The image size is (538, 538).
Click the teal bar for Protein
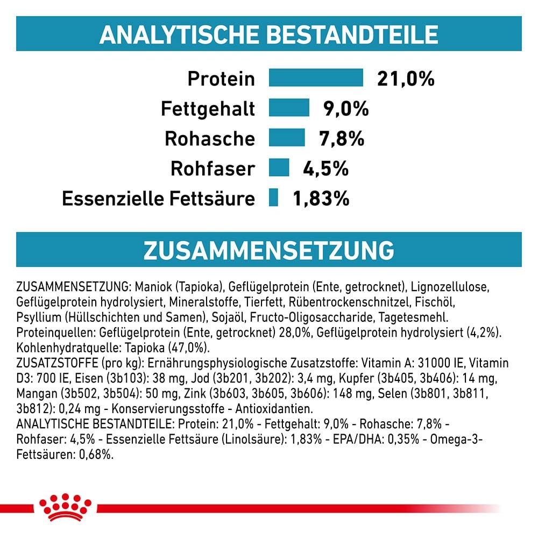pyautogui.click(x=316, y=78)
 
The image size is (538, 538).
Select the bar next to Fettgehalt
pyautogui.click(x=289, y=108)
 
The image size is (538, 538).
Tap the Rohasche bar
pyautogui.click(x=287, y=138)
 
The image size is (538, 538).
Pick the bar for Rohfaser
pyautogui.click(x=279, y=168)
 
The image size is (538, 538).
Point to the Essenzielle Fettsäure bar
pyautogui.click(x=273, y=198)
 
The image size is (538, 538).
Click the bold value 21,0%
pyautogui.click(x=406, y=79)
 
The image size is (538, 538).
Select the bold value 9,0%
pyautogui.click(x=346, y=109)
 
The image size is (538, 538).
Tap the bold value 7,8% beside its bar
pyautogui.click(x=341, y=139)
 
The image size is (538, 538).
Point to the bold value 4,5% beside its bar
pyautogui.click(x=325, y=169)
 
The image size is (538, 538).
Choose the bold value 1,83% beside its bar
pyautogui.click(x=321, y=199)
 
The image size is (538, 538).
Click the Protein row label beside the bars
pyautogui.click(x=221, y=79)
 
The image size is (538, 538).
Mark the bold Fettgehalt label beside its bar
pyautogui.click(x=208, y=109)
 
